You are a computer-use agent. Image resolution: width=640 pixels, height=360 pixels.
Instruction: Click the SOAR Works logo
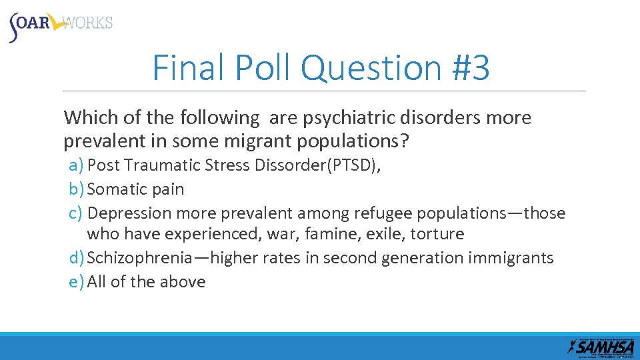(x=60, y=25)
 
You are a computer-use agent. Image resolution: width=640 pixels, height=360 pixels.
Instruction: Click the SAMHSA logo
(x=601, y=346)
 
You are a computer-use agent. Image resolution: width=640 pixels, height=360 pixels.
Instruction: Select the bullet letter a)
(x=77, y=165)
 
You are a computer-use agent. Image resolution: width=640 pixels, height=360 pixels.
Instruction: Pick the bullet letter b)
(x=77, y=189)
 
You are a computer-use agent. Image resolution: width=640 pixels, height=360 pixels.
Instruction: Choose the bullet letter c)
(x=76, y=213)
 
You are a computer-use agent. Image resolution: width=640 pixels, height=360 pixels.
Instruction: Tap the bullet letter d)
(x=77, y=258)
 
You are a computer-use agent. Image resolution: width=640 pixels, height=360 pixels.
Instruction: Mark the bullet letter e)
(x=77, y=282)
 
